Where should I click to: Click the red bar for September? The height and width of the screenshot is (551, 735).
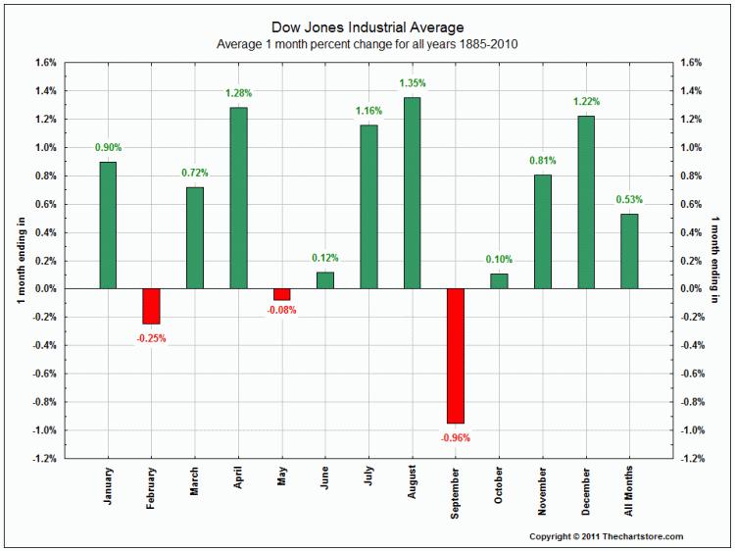click(x=456, y=356)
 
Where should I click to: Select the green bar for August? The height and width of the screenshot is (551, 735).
click(x=412, y=193)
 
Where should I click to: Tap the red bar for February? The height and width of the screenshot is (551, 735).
click(x=151, y=306)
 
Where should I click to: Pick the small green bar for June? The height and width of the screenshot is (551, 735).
click(x=325, y=279)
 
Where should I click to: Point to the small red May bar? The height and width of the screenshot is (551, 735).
click(x=282, y=294)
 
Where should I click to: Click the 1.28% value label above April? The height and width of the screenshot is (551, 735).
click(x=238, y=93)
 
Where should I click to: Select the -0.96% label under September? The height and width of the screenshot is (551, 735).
click(x=456, y=437)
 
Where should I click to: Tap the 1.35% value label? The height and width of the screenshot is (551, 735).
click(x=412, y=83)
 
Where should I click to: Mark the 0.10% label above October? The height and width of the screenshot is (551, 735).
click(x=499, y=259)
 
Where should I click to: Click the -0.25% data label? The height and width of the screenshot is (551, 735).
click(x=151, y=338)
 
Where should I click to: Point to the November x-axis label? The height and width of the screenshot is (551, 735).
click(x=542, y=492)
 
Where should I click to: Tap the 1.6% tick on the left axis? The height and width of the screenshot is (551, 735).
click(x=44, y=63)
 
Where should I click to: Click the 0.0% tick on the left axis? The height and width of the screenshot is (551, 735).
click(x=44, y=289)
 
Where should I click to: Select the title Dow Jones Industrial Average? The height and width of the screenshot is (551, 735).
click(x=367, y=27)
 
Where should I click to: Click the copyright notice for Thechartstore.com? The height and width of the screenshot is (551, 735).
click(x=606, y=536)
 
